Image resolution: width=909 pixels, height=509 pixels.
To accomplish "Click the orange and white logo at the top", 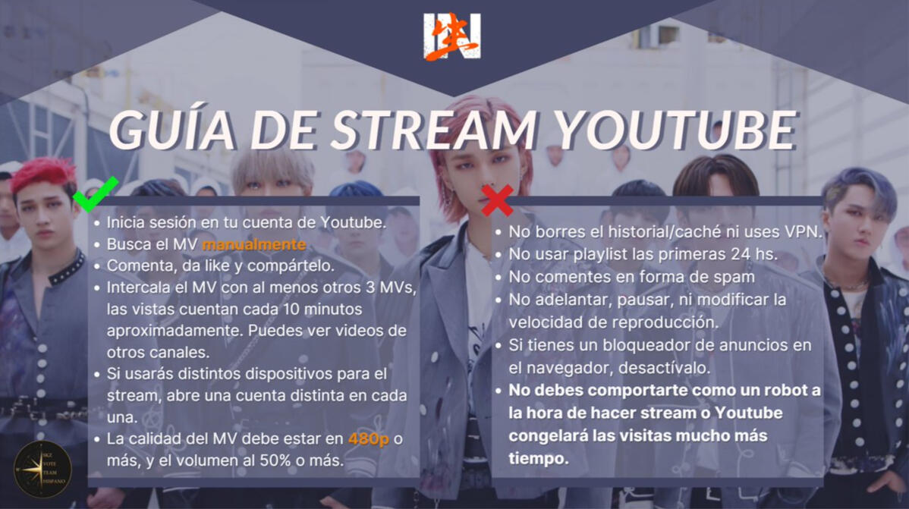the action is [452, 36].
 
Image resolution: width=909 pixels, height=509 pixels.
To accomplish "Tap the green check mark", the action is [96, 193].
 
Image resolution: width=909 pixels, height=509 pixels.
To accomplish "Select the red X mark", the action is [497, 200].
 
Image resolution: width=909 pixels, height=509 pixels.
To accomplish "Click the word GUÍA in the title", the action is [172, 129].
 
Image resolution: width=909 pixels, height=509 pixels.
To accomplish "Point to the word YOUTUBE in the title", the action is [675, 129].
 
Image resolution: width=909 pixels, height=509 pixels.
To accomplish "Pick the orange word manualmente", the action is [253, 244].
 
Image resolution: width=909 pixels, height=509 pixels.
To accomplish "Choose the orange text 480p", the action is [369, 439].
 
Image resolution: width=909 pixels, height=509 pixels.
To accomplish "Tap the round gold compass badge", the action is [43, 469].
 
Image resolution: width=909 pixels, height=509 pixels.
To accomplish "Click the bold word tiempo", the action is [539, 458].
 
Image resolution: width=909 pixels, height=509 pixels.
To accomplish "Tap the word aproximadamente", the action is [174, 331].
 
